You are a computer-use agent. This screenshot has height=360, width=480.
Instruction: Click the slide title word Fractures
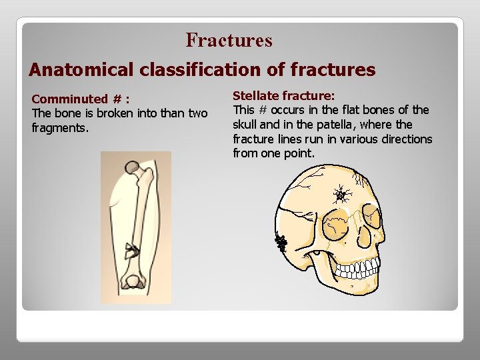coord(229,41)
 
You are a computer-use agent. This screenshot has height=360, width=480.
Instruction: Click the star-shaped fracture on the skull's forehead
coord(343,195)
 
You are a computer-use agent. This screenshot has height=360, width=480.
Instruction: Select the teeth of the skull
coord(360,268)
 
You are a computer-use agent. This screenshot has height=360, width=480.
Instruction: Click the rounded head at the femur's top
coord(133,167)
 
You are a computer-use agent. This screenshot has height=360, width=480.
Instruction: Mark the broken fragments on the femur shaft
coord(131,250)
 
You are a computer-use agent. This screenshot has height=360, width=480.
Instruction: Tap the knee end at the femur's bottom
coord(135,282)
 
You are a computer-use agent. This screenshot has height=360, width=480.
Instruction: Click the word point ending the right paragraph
coord(300,154)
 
